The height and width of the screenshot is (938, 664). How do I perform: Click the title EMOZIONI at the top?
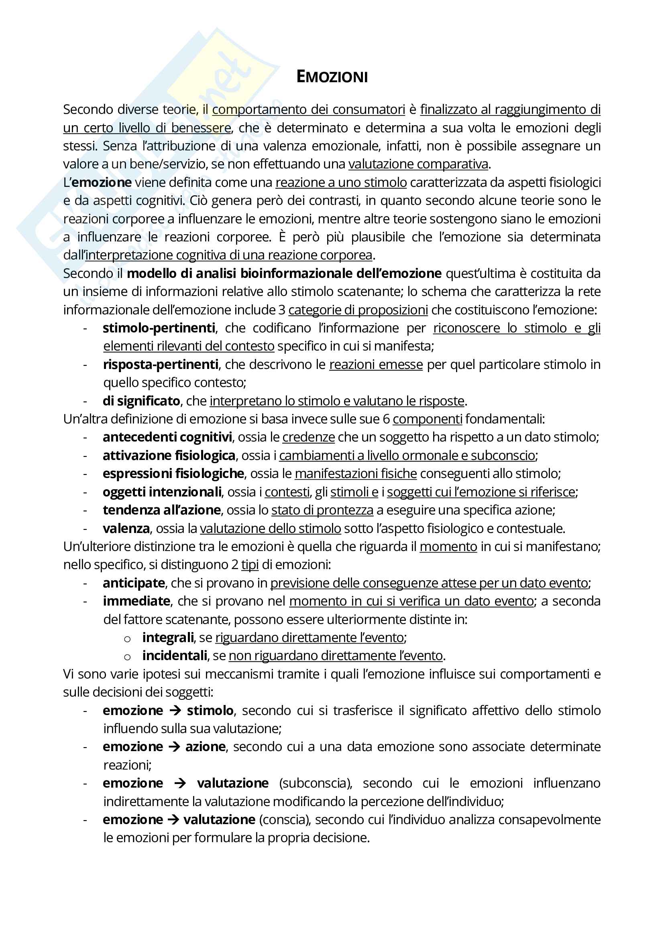332,77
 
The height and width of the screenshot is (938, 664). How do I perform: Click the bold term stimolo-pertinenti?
159,328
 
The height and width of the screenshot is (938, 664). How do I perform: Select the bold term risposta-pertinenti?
161,364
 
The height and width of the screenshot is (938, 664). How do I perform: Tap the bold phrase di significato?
141,401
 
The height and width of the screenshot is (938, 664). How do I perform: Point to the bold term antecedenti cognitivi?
167,437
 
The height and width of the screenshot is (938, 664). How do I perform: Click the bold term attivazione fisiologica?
169,456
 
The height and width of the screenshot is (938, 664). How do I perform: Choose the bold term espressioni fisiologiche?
173,474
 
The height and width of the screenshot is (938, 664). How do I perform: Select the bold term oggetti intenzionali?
162,492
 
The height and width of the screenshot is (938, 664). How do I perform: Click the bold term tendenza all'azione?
161,510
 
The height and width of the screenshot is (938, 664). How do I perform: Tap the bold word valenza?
126,529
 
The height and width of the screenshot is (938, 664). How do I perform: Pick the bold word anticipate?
134,583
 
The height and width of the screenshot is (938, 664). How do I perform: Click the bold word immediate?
136,602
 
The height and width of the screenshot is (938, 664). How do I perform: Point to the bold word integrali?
168,638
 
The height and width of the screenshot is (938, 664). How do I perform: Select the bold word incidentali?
175,656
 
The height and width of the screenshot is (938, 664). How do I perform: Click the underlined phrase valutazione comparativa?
418,164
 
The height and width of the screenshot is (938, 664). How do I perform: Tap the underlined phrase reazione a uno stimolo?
341,182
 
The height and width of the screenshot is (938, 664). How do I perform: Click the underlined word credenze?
308,437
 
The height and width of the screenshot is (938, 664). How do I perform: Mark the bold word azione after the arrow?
205,747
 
